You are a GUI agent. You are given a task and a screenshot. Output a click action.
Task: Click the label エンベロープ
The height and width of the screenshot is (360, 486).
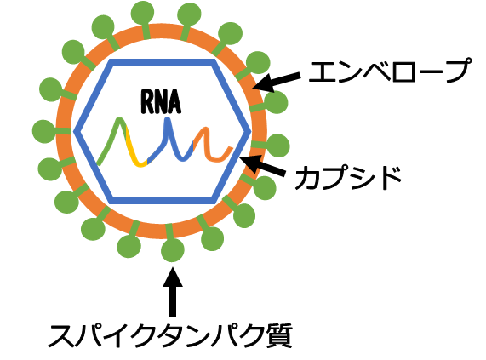click(390, 71)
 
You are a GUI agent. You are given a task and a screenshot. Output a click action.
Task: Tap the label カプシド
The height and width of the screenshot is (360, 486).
click(348, 178)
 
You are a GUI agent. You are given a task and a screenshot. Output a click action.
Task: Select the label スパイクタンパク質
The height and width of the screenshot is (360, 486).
click(170, 335)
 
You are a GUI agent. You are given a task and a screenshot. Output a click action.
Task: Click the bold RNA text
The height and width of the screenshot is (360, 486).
click(161, 101)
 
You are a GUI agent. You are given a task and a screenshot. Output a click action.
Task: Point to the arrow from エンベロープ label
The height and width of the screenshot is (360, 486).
click(277, 81)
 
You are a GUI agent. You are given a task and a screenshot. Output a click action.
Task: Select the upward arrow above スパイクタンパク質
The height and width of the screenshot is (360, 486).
click(173, 292)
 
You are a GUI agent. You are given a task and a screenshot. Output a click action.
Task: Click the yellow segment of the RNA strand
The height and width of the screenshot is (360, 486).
click(134, 151)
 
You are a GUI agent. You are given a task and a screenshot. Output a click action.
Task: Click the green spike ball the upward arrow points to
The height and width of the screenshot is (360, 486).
click(173, 250)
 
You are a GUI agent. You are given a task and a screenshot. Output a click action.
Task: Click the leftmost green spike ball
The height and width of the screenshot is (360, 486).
click(43, 132)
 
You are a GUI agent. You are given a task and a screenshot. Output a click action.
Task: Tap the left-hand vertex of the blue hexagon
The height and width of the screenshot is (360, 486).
click(75, 132)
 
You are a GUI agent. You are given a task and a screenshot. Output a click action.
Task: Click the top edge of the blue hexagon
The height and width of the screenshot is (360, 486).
click(162, 62)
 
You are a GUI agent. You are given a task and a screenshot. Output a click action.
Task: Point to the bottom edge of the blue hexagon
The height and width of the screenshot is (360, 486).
click(162, 201)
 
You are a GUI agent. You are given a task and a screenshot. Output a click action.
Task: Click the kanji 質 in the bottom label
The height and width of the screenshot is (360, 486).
click(280, 335)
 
